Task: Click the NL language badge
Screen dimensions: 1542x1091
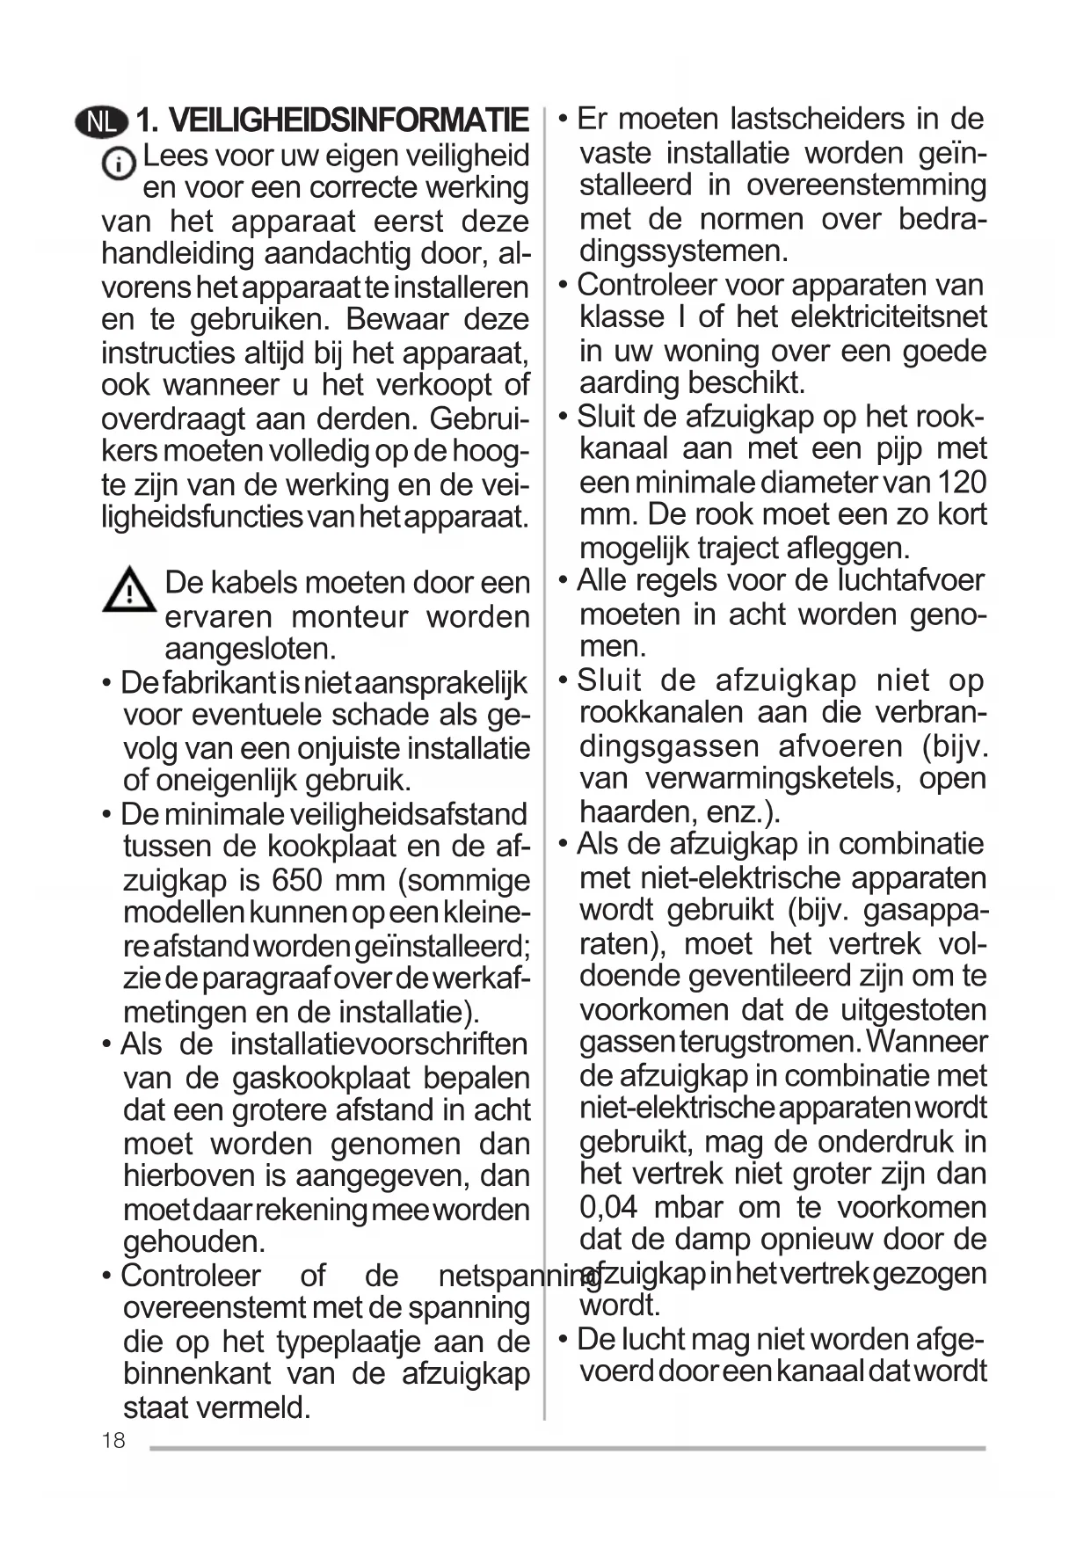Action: coord(101,121)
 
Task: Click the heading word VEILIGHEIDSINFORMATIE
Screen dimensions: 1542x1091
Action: coord(348,120)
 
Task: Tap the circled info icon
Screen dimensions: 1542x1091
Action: coord(119,164)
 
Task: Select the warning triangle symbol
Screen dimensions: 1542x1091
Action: coord(129,590)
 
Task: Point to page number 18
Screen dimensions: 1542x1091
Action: coord(113,1440)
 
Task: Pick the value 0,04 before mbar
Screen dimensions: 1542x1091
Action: coord(608,1207)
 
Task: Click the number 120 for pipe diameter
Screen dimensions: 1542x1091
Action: coord(962,482)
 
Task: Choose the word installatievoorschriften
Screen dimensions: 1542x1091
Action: coord(378,1044)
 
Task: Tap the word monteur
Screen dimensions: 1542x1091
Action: coord(348,616)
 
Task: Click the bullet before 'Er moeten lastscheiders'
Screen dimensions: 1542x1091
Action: coord(564,119)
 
